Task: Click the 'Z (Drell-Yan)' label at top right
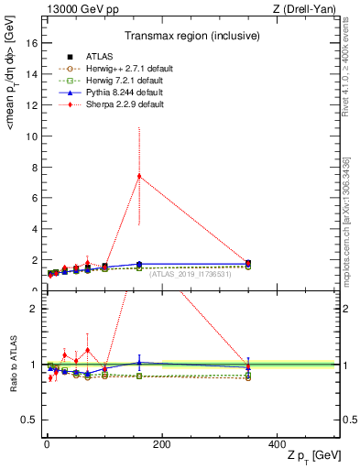(x=306, y=7)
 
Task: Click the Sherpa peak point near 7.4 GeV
(x=139, y=176)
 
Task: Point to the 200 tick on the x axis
(x=162, y=442)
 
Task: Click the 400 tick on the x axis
(x=277, y=442)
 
